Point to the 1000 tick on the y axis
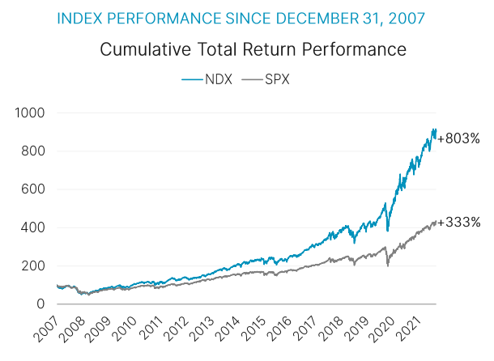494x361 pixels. (x=30, y=113)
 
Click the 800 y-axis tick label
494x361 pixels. (x=33, y=151)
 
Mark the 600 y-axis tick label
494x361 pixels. (x=33, y=189)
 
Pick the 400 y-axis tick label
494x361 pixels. (x=33, y=227)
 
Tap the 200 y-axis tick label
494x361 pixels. (x=33, y=265)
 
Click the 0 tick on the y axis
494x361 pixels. (x=40, y=304)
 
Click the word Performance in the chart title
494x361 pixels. (x=358, y=50)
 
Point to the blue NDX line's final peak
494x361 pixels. (x=436, y=129)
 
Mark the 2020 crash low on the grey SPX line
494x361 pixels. (x=388, y=265)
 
